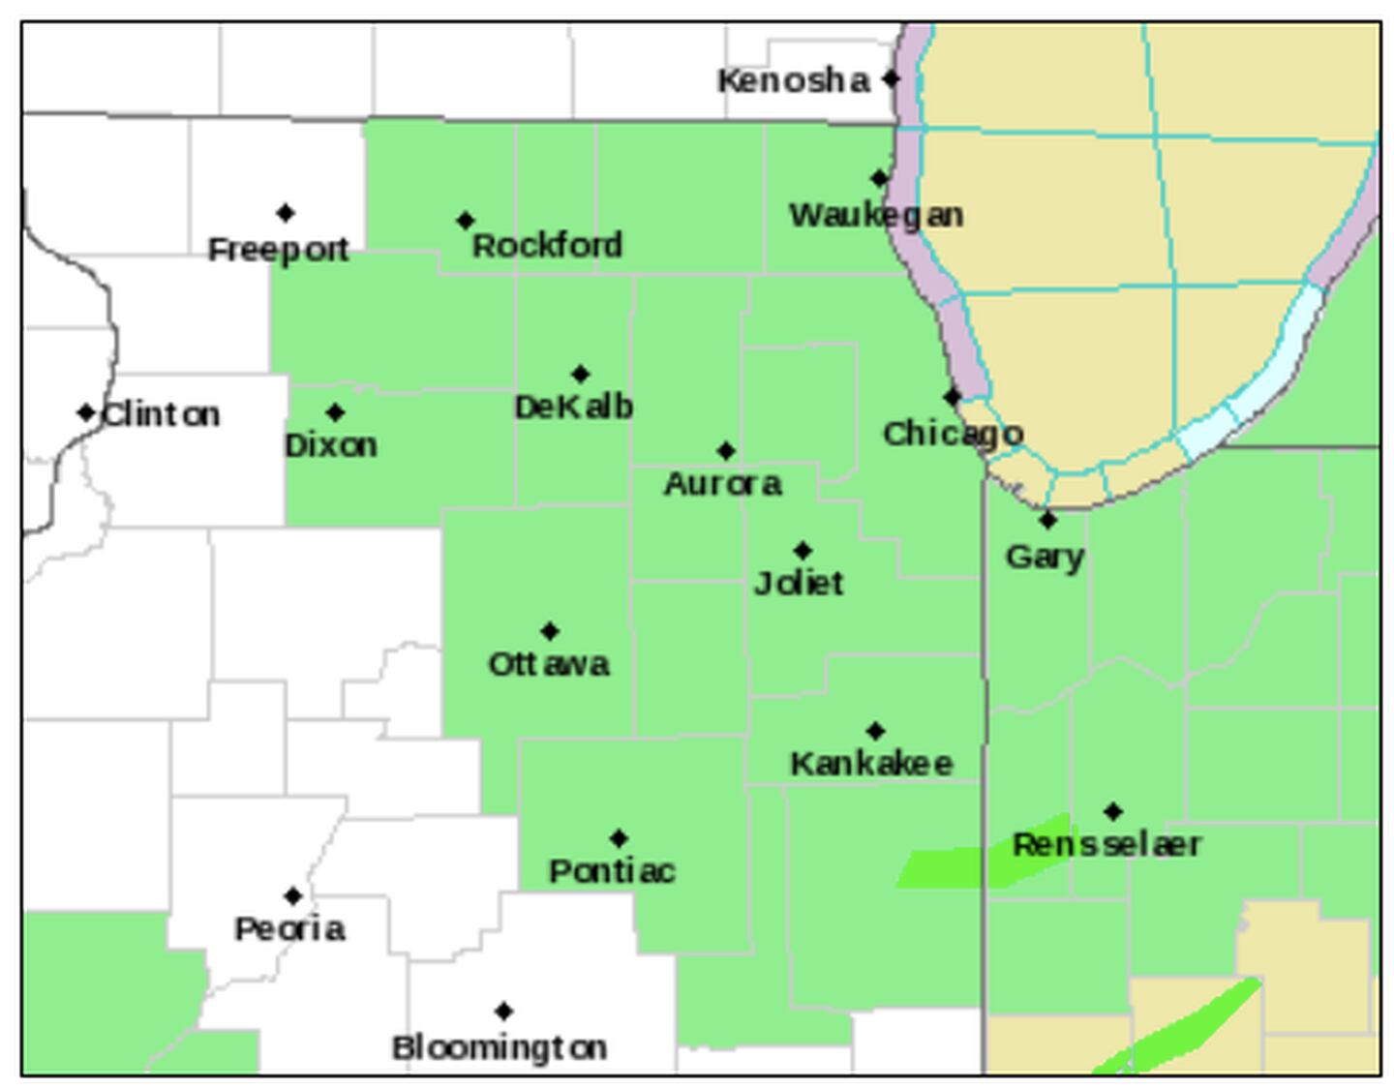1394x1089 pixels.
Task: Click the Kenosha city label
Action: [793, 80]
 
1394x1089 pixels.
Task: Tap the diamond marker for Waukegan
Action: [879, 178]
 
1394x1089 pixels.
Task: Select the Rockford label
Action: [547, 246]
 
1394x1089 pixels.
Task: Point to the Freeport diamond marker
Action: [286, 213]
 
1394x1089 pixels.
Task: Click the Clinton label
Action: [161, 414]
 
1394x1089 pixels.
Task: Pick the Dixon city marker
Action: [335, 413]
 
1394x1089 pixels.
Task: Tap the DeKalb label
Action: [574, 407]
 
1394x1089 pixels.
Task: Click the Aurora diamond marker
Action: [726, 450]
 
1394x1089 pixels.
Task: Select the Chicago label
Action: [953, 434]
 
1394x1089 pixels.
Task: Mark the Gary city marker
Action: [1047, 521]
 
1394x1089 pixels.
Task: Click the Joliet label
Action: [799, 583]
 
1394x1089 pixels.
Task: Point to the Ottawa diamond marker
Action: [550, 631]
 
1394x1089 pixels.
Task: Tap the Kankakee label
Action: [871, 764]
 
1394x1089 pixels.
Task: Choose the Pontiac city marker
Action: [619, 838]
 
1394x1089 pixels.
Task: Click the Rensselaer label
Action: [1106, 844]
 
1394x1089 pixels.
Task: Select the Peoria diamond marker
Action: [293, 896]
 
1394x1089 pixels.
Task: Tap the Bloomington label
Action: [500, 1047]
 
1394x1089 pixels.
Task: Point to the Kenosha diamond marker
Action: [892, 79]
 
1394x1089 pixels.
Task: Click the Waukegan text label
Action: [876, 215]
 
